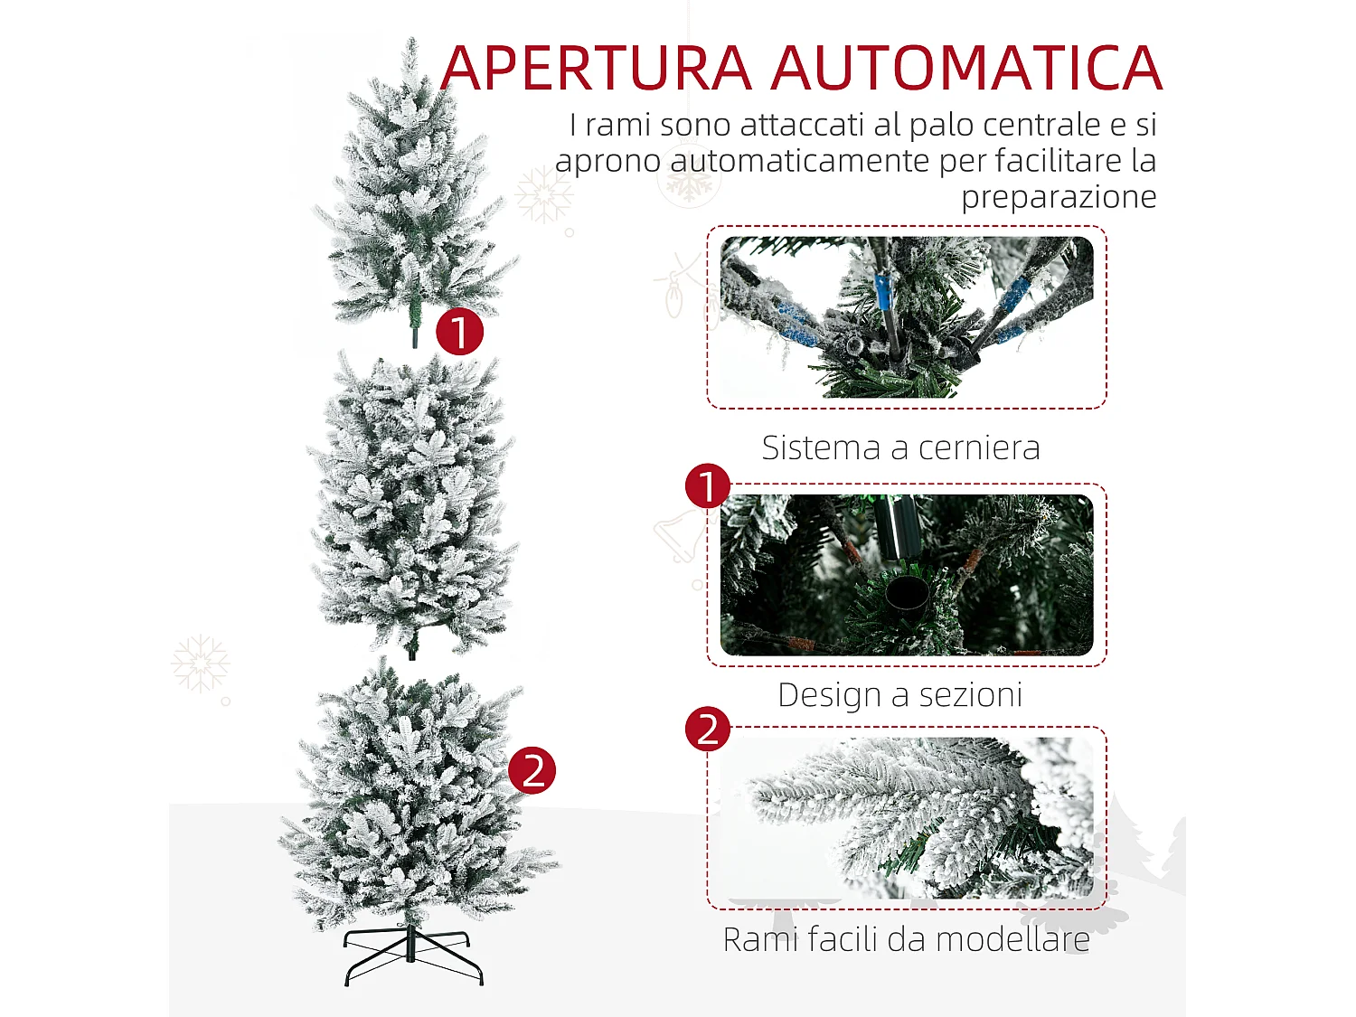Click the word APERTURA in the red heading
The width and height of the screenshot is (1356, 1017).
597,69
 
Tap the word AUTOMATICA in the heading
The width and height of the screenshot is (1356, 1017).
966,69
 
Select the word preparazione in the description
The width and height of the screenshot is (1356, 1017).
1059,196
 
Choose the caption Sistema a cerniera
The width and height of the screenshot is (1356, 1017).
900,447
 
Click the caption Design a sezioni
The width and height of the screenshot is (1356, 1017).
900,694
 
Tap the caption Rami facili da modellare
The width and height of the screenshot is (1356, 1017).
906,939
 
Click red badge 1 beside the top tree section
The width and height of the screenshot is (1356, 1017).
459,332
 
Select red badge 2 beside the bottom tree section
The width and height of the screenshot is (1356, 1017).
532,771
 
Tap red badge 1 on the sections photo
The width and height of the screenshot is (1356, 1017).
708,486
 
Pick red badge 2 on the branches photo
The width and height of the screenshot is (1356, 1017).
708,730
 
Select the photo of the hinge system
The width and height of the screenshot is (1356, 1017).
906,317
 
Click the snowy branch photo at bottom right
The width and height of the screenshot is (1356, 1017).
906,817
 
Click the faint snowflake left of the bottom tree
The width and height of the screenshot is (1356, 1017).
200,663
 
